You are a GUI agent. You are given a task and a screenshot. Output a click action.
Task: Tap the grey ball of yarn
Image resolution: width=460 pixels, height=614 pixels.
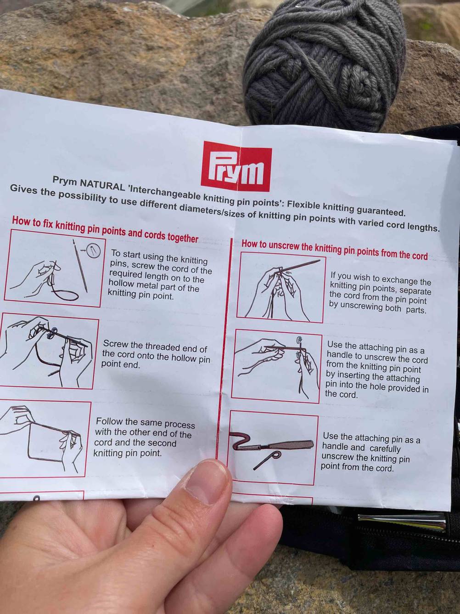324,65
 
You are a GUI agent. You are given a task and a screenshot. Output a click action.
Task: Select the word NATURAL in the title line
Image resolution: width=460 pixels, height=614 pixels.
102,185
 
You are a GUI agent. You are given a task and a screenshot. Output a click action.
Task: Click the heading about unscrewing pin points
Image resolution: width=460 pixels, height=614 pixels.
335,250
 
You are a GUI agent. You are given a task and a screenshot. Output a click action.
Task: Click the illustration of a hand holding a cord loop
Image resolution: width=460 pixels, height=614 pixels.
53,268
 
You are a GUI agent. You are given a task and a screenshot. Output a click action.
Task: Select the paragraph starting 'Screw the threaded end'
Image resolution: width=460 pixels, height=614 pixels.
155,354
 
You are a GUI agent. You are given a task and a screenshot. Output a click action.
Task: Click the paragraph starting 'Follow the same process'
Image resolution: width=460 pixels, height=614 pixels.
144,438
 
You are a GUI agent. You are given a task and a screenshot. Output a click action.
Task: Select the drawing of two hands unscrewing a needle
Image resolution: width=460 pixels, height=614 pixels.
281,288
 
